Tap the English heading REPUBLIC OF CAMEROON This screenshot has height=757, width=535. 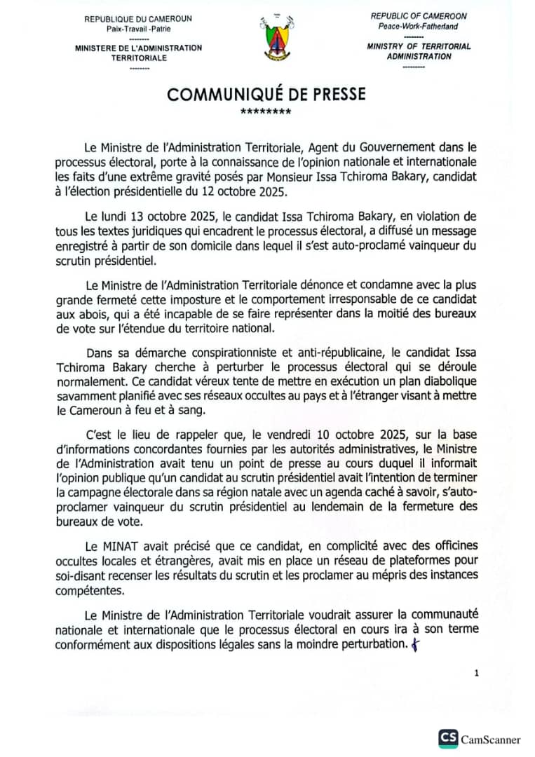pyautogui.click(x=419, y=16)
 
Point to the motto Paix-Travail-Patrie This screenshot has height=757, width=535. pyautogui.click(x=138, y=29)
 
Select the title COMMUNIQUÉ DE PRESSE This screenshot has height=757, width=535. pyautogui.click(x=266, y=94)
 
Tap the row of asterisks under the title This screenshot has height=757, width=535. pyautogui.click(x=266, y=112)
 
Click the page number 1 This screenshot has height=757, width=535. pyautogui.click(x=476, y=673)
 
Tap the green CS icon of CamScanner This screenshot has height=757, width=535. pyautogui.click(x=448, y=738)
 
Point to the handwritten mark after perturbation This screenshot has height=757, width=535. pyautogui.click(x=415, y=644)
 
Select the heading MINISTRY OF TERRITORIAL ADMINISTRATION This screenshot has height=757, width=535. pyautogui.click(x=419, y=51)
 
